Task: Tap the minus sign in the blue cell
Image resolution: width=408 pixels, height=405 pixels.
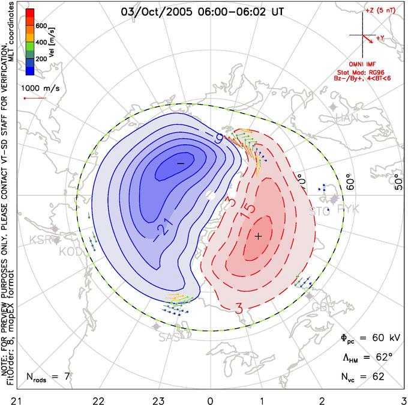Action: [181, 163]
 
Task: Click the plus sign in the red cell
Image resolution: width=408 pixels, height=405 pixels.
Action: [258, 236]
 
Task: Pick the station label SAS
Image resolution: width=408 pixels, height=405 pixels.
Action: [169, 338]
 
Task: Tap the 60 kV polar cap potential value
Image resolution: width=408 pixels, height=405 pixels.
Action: [377, 338]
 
